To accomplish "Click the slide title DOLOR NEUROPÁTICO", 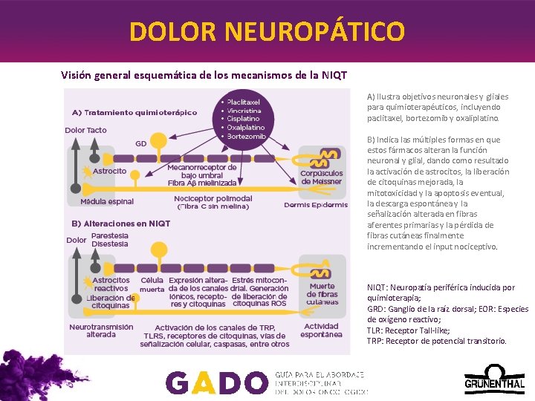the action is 267,31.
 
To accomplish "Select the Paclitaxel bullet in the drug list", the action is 243,102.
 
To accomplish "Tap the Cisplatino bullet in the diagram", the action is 243,119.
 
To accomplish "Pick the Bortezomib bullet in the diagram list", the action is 246,137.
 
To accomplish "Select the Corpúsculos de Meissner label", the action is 321,177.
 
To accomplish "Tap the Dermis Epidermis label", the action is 316,205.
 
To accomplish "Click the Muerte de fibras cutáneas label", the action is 322,294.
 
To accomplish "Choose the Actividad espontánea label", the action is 321,330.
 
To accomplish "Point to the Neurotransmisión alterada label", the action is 101,330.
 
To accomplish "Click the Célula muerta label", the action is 152,285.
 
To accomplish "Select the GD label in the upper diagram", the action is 140,143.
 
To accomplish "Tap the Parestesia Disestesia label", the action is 109,240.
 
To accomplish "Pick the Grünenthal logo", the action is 494,379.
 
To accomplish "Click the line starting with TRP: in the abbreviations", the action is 437,341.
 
